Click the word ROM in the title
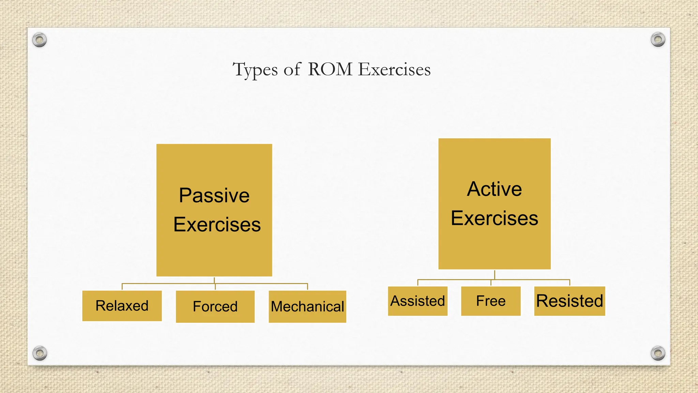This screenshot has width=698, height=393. [x=330, y=69]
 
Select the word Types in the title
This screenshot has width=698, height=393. [x=255, y=70]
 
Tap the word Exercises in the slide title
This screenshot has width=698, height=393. [x=394, y=69]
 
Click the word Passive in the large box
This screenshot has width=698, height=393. [x=214, y=195]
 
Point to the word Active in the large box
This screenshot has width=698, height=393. [x=494, y=189]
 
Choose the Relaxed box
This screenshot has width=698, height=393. [x=122, y=306]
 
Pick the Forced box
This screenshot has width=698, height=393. [x=215, y=306]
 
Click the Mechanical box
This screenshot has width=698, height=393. [x=307, y=306]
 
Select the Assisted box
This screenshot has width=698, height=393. [x=418, y=301]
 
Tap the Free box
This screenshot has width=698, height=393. [x=491, y=301]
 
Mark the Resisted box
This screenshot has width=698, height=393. [x=570, y=301]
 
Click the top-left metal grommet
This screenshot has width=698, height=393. [x=40, y=40]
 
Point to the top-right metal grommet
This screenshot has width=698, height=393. [x=658, y=40]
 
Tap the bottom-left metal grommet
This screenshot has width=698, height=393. [x=40, y=353]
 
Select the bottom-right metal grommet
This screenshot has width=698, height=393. [x=658, y=353]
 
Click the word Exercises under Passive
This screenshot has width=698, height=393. [x=217, y=225]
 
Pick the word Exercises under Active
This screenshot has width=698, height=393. [x=494, y=218]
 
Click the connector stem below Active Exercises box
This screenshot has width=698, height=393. [x=495, y=275]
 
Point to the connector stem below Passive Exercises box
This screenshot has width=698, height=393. [x=214, y=280]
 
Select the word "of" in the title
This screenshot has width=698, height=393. [x=292, y=70]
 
